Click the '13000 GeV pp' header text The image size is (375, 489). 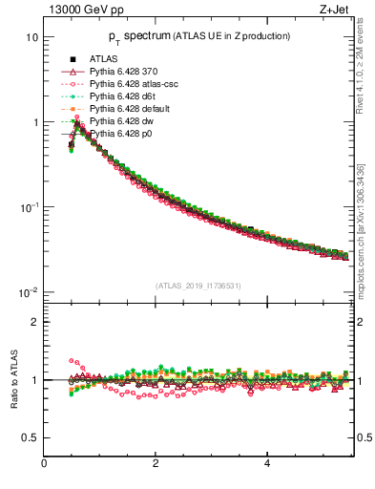point(83,11)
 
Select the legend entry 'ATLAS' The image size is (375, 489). point(104,60)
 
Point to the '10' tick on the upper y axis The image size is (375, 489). point(31,37)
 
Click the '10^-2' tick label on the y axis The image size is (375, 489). point(28,292)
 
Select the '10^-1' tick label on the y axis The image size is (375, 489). point(28,207)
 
